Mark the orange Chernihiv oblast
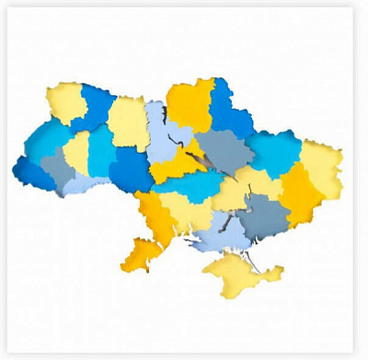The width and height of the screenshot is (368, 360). [x=191, y=103]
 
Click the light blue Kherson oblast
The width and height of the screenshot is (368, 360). [x=218, y=235]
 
